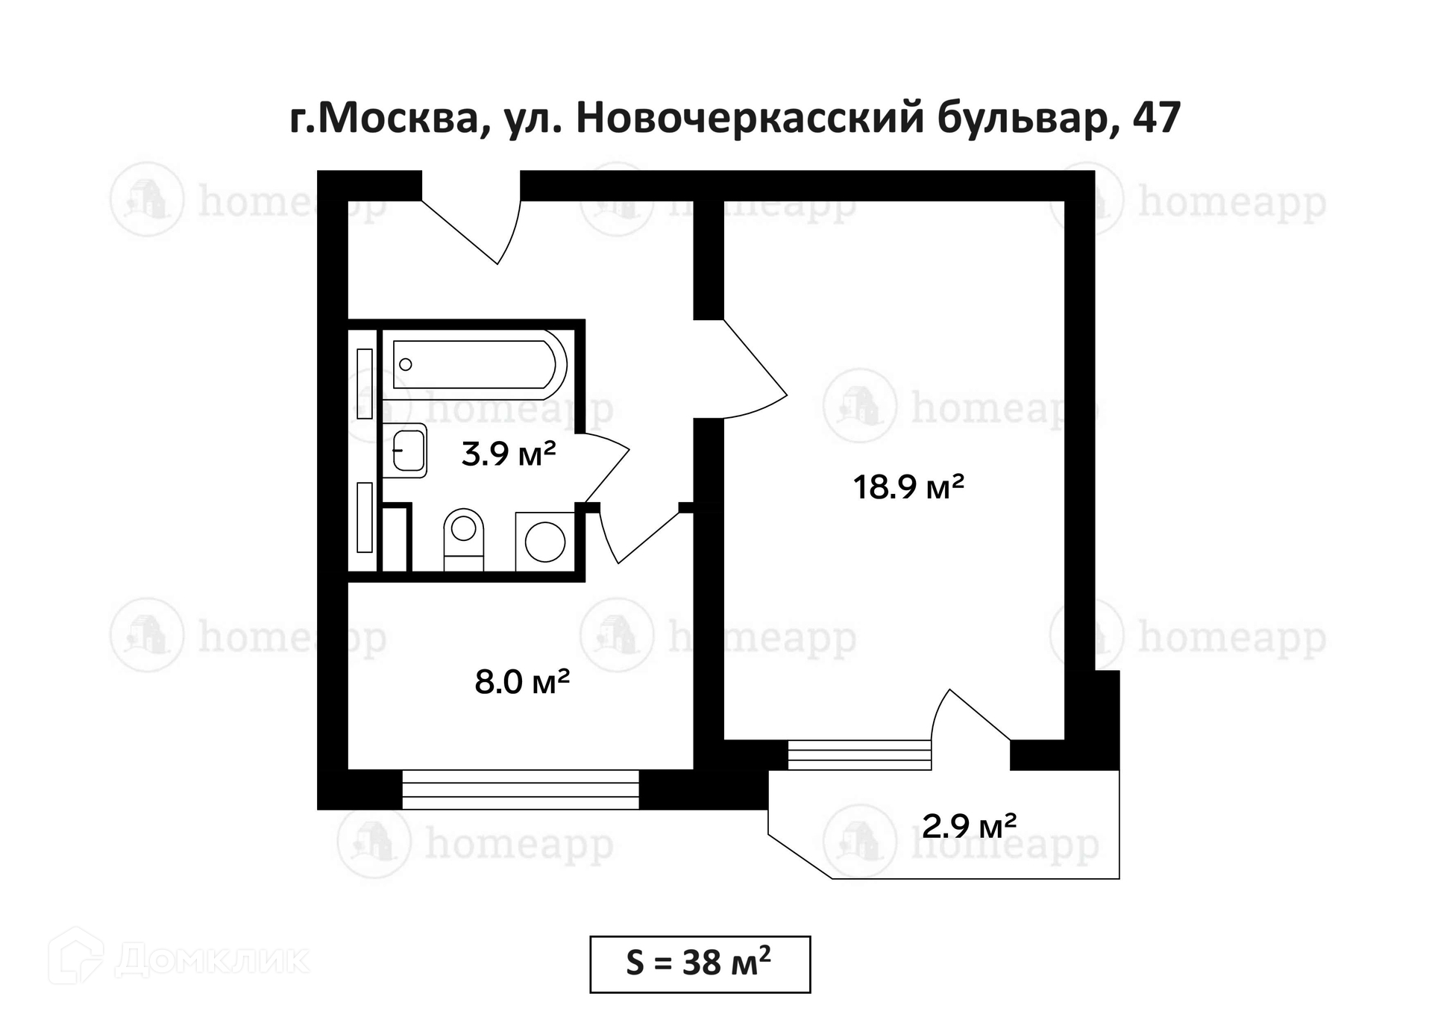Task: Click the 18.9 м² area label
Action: [908, 487]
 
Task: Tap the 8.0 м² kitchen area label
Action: [522, 682]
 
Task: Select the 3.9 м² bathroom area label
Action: [509, 454]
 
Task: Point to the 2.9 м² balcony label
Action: [969, 826]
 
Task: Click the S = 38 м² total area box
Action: [700, 964]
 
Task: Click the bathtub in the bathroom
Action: [475, 364]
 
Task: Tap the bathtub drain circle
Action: [406, 364]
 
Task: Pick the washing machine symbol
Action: [544, 542]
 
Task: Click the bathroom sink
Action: [405, 451]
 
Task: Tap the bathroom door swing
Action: [606, 467]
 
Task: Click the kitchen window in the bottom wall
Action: [521, 789]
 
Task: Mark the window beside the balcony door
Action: [860, 754]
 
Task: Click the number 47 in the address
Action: [1156, 117]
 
